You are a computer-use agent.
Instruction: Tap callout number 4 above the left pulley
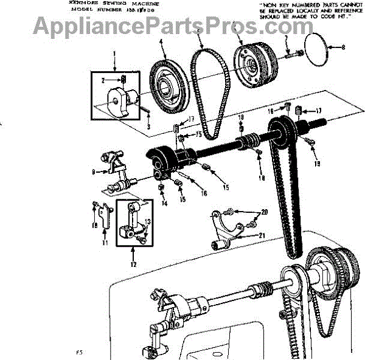tap(161, 42)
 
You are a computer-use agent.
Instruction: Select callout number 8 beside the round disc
tap(342, 46)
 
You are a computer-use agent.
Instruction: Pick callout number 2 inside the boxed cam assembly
tap(103, 80)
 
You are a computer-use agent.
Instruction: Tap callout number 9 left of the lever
tap(93, 172)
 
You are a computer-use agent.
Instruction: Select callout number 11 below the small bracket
tap(104, 243)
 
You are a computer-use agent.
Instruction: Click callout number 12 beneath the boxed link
tap(133, 264)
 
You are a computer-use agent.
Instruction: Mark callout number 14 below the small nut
tap(163, 203)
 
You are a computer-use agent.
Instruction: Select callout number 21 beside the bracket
tap(262, 235)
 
